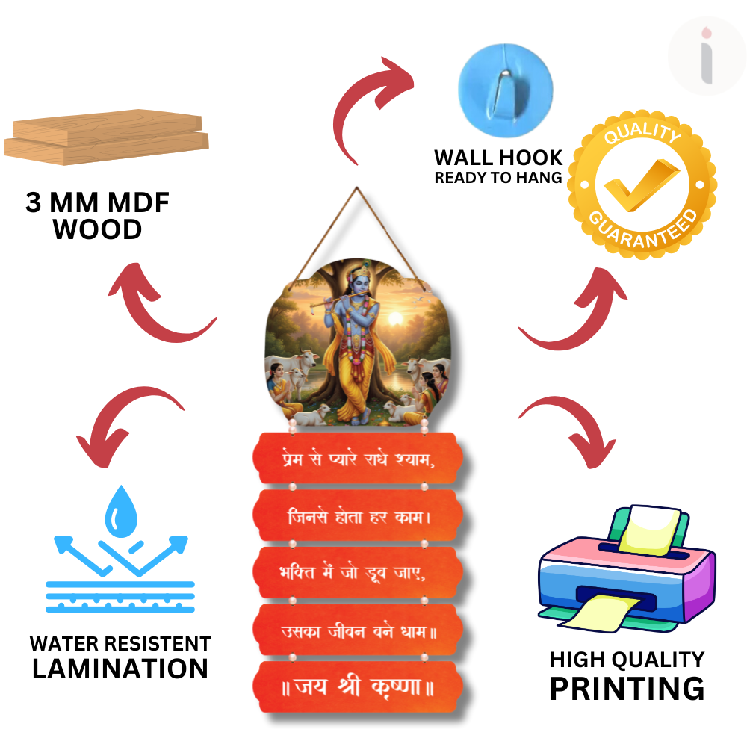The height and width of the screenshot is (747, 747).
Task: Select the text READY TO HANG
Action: click(498, 178)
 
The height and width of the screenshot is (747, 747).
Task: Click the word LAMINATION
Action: click(120, 669)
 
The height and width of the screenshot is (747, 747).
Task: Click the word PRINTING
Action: click(627, 688)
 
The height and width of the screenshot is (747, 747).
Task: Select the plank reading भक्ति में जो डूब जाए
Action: click(356, 574)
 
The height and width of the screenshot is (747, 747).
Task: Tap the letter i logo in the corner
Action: click(705, 56)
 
